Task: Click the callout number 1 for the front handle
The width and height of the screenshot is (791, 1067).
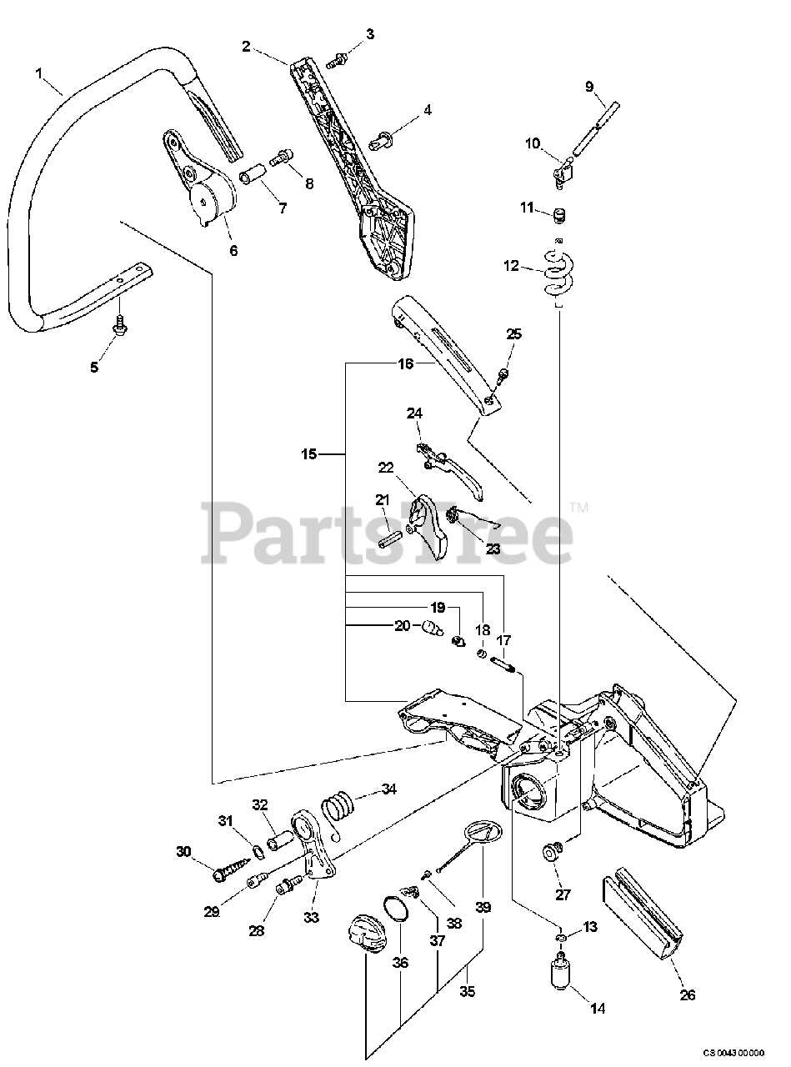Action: tap(38, 74)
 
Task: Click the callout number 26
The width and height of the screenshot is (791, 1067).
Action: tap(687, 994)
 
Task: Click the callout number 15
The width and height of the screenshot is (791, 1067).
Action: tap(309, 454)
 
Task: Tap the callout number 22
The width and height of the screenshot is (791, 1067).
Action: tap(385, 468)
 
